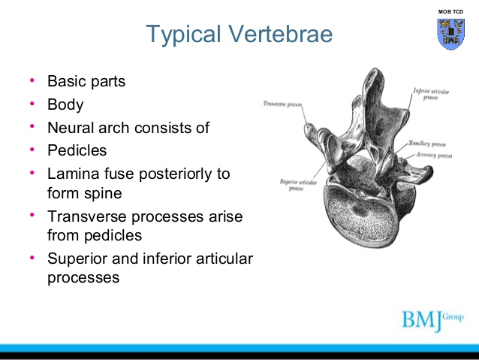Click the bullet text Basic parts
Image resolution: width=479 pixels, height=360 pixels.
[x=86, y=80]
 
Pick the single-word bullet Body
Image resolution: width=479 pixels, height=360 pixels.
[x=65, y=104]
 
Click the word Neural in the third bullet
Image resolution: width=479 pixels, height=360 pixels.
[x=69, y=128]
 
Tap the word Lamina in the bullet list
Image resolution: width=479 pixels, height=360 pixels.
[x=72, y=174]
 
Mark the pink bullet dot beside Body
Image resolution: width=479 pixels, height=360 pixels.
[x=32, y=104]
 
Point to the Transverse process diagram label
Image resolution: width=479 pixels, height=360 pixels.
[x=283, y=102]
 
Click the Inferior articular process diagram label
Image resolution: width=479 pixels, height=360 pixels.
[x=431, y=93]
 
